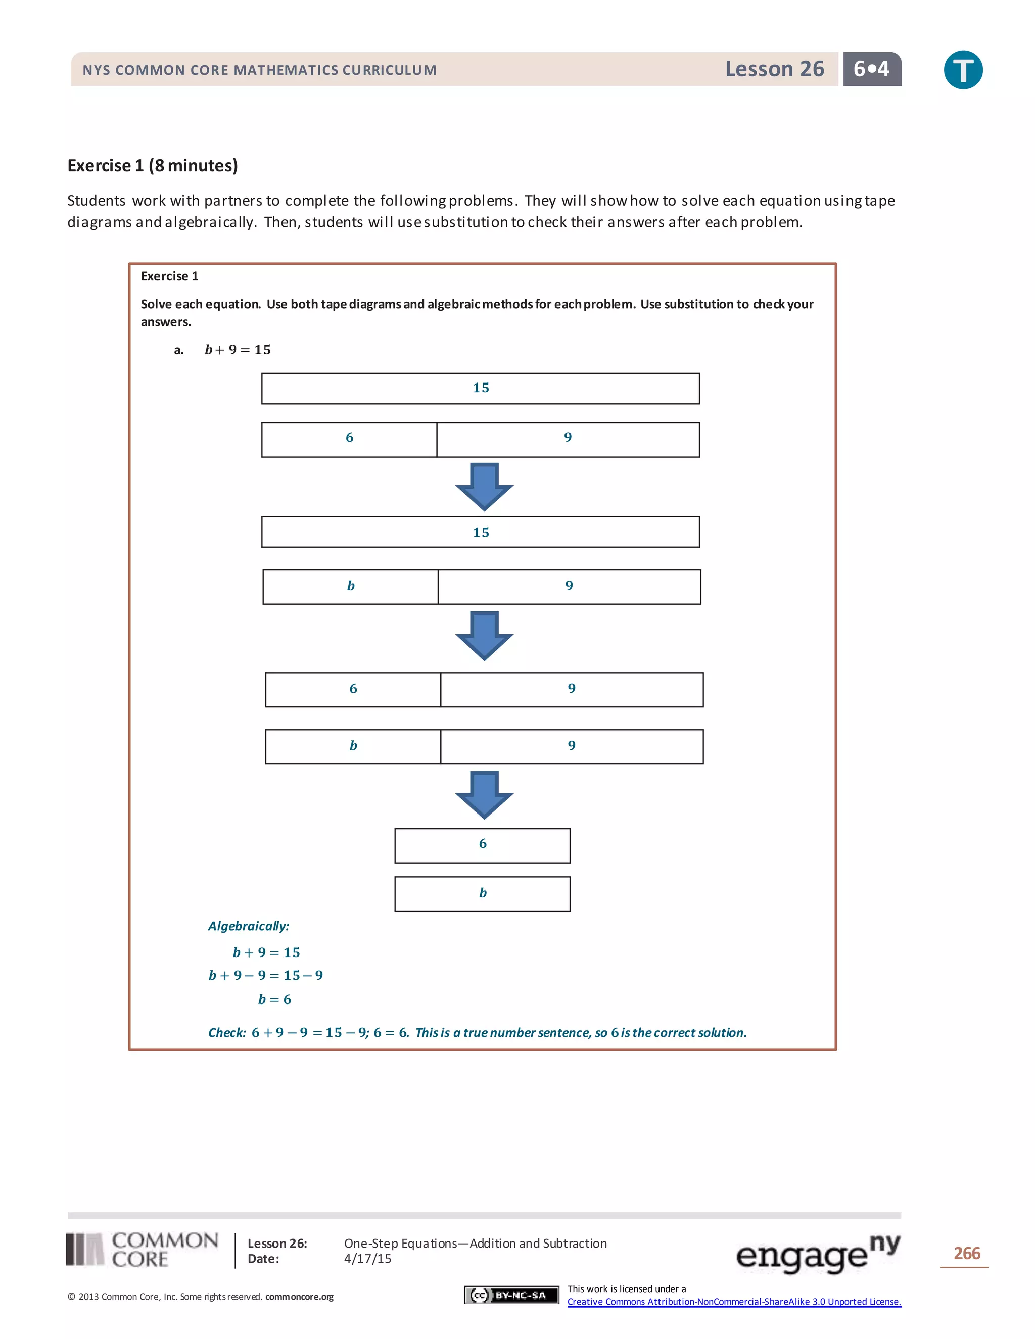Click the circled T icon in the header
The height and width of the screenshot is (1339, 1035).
pos(963,70)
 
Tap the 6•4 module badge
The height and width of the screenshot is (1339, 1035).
pos(871,69)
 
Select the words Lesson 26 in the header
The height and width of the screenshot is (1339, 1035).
pos(774,69)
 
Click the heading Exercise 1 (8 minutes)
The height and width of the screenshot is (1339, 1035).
pos(153,166)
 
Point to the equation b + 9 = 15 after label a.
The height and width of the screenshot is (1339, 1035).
pos(238,350)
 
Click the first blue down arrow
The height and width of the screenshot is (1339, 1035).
pos(484,486)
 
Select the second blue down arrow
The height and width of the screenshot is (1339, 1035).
pos(484,635)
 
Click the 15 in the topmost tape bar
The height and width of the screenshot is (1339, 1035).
pos(481,388)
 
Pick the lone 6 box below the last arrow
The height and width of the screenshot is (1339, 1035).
pos(483,845)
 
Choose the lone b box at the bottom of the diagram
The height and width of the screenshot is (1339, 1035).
pos(483,894)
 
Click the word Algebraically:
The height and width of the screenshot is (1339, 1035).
pos(248,926)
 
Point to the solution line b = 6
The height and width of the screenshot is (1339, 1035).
pos(274,999)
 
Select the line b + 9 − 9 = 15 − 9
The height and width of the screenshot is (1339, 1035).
pos(265,975)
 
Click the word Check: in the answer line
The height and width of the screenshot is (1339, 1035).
pos(227,1032)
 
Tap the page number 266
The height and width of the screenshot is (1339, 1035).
pos(966,1253)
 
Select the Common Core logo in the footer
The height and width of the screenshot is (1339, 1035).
pos(142,1250)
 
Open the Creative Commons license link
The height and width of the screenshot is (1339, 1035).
pos(734,1302)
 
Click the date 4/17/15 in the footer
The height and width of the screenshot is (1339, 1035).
pos(367,1259)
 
